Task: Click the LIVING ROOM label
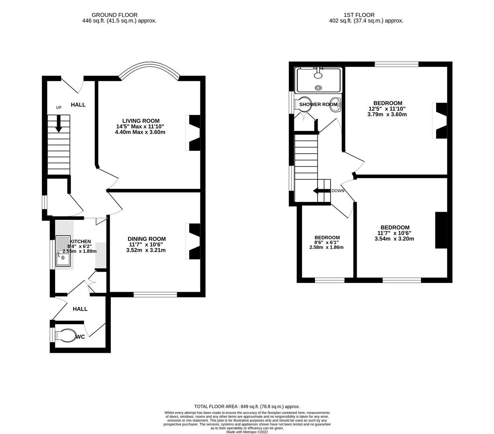pos(141,121)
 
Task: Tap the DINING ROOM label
pos(147,239)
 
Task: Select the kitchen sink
pos(63,251)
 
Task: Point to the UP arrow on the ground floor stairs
pos(59,124)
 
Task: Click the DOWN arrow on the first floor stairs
pos(321,191)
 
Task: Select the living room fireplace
pos(194,133)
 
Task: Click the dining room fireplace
pos(194,241)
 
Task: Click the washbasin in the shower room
pos(335,104)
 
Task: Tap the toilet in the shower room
pos(305,104)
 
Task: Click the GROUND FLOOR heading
pos(114,15)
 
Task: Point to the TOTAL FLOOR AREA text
pos(247,406)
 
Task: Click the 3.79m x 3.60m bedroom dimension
pos(387,114)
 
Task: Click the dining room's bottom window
pos(155,295)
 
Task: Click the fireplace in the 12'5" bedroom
pos(441,121)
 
